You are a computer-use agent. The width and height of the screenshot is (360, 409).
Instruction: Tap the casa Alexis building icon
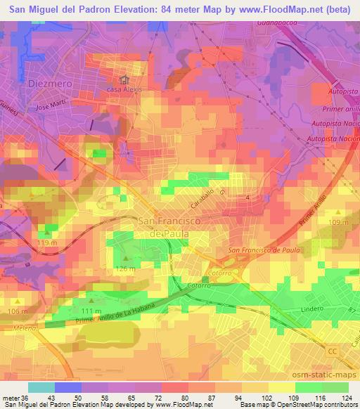point(124,79)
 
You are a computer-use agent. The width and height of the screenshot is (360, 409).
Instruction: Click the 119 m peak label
point(46,242)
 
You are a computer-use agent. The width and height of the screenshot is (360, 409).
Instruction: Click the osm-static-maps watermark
point(320,375)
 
